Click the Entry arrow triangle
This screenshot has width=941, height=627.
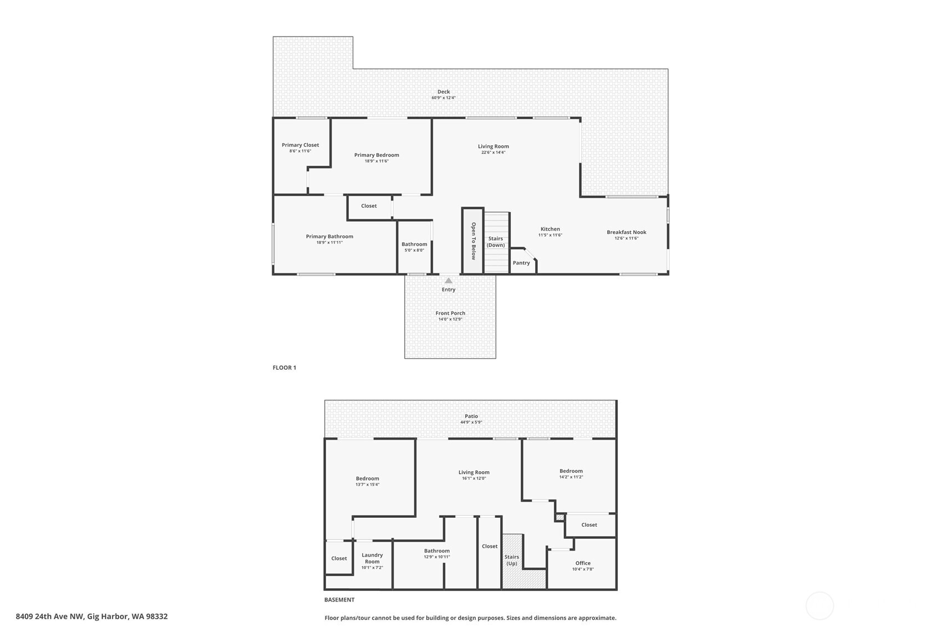[449, 281]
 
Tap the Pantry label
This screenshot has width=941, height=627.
[521, 263]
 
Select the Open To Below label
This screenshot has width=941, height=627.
[474, 241]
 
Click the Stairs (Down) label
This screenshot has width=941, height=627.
[496, 242]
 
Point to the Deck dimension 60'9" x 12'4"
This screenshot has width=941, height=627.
[444, 98]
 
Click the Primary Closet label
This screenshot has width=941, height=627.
[301, 145]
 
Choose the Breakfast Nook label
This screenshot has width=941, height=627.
[627, 232]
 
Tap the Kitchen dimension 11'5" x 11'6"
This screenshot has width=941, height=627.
[550, 235]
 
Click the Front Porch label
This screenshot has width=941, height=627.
[450, 313]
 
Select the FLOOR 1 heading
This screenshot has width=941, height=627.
[284, 368]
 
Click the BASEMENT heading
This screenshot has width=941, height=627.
[339, 600]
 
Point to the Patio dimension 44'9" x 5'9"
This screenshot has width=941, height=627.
[471, 422]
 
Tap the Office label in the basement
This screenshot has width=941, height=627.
[583, 563]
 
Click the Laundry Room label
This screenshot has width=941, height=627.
[372, 558]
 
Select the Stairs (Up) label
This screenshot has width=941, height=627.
[512, 560]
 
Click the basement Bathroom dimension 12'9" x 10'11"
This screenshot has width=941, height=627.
[437, 557]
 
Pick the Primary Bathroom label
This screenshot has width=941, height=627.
[329, 236]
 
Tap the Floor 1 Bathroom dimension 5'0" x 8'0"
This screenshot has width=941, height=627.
[414, 250]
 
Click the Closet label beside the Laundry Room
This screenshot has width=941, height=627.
[339, 558]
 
